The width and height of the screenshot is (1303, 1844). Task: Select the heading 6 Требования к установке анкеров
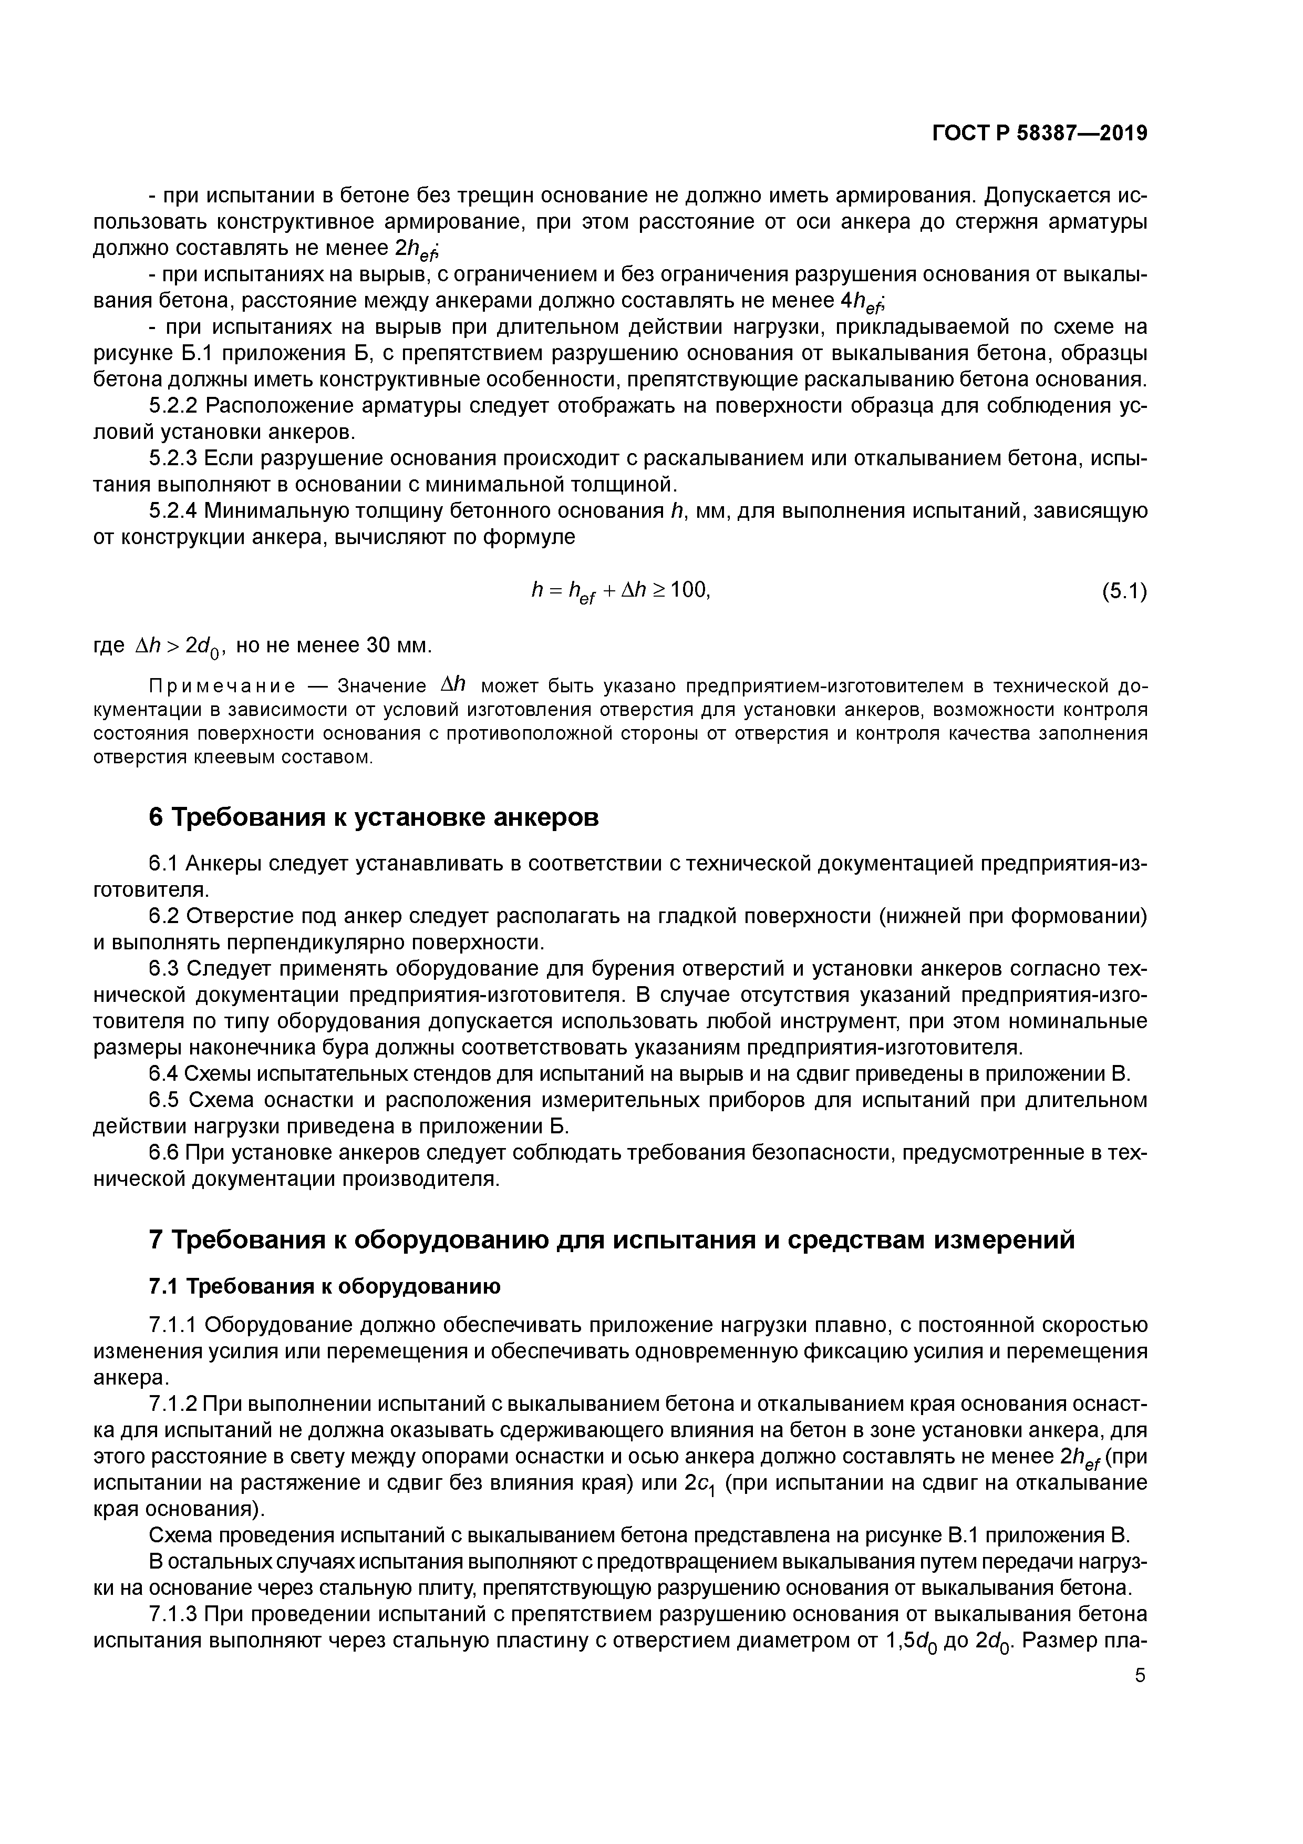[x=374, y=817]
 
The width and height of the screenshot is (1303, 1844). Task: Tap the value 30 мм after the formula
[x=398, y=645]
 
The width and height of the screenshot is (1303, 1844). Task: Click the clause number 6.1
[x=164, y=863]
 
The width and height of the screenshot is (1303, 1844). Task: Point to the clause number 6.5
[x=164, y=1100]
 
